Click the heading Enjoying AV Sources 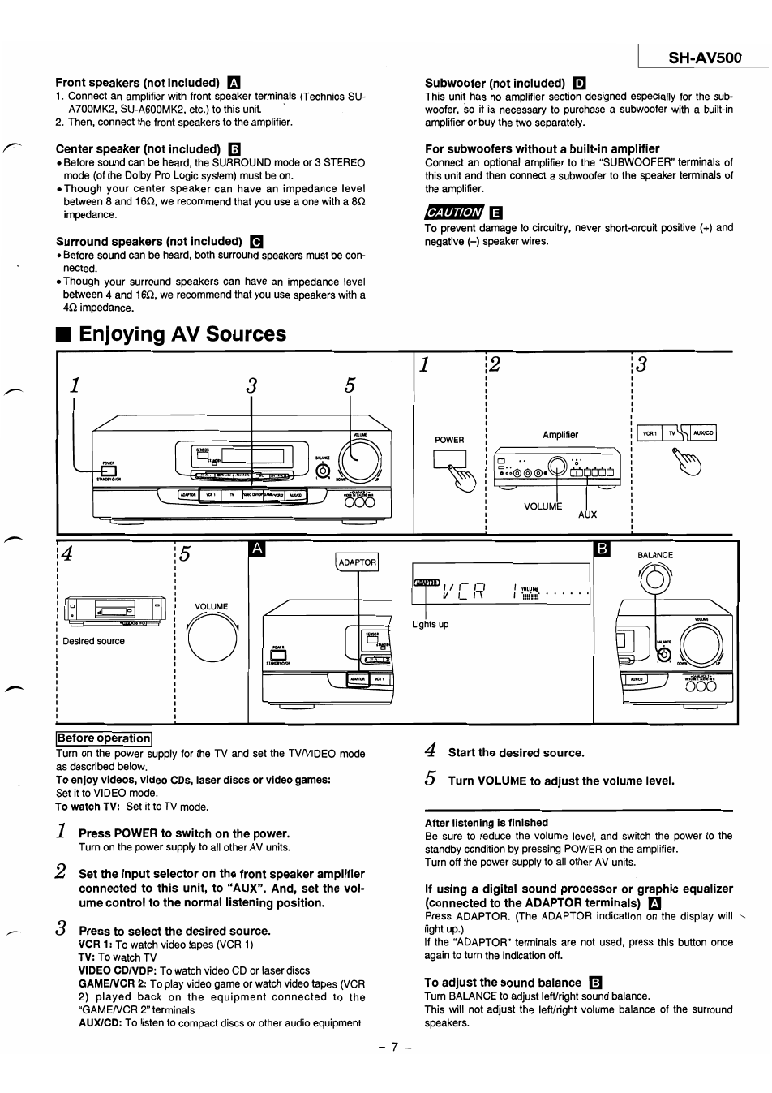coord(182,334)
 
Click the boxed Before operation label coord(104,738)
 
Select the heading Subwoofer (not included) coord(495,83)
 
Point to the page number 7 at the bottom coord(396,1047)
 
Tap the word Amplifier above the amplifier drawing coord(560,435)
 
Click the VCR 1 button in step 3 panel coord(650,433)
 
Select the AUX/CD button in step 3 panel coord(702,433)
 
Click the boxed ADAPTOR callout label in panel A coord(357,562)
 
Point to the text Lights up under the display coord(430,625)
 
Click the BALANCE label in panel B coord(655,556)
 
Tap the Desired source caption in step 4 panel coord(94,641)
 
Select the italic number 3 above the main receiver coord(251,386)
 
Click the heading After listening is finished coord(487,823)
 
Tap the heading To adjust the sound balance coord(503,983)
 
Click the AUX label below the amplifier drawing coord(587,514)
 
